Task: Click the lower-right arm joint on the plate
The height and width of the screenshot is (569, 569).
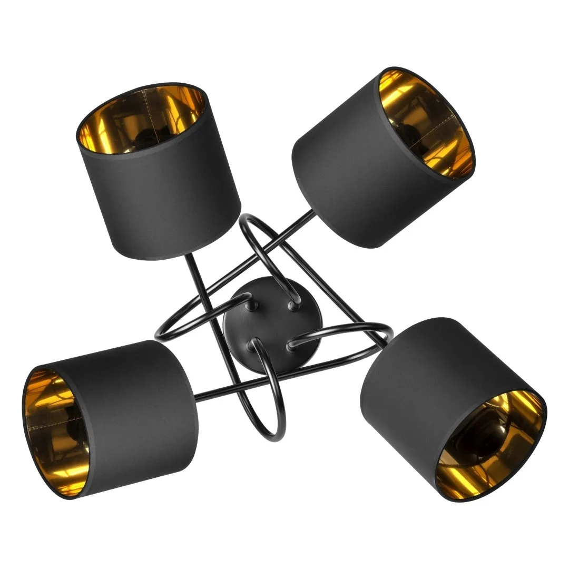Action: point(291,346)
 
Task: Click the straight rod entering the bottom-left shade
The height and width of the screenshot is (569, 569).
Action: point(211,393)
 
